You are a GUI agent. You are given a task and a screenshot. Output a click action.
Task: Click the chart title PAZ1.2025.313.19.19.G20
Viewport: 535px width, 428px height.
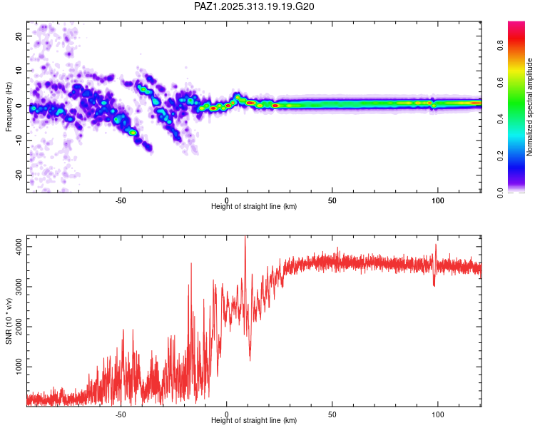pyautogui.click(x=255, y=6)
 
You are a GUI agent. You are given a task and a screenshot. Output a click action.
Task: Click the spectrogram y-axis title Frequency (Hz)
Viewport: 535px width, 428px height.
pyautogui.click(x=9, y=106)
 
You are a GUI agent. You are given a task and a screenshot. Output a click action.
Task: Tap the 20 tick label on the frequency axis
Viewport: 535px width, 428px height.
pyautogui.click(x=19, y=36)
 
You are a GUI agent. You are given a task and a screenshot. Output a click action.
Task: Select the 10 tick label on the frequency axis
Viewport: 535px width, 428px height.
pyautogui.click(x=19, y=71)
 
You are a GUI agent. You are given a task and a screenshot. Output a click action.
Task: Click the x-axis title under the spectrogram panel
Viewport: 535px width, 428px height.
pyautogui.click(x=254, y=207)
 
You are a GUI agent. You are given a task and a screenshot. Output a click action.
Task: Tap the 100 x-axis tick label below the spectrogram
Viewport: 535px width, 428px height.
pyautogui.click(x=438, y=200)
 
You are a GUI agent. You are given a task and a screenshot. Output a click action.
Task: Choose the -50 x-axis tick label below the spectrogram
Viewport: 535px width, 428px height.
pyautogui.click(x=121, y=200)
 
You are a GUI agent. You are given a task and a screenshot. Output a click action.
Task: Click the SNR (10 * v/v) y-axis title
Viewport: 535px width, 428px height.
pyautogui.click(x=9, y=321)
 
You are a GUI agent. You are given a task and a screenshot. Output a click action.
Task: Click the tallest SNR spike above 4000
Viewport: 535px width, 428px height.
pyautogui.click(x=245, y=238)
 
